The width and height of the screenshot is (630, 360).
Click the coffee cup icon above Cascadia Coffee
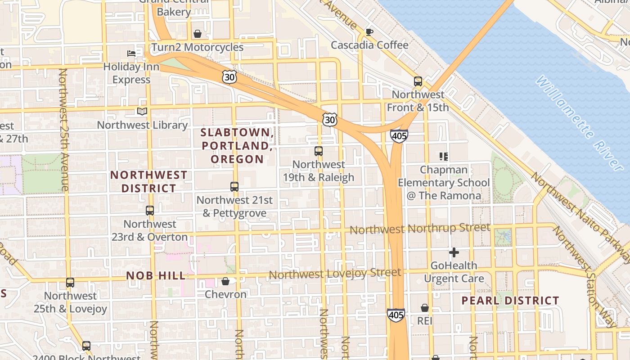[x=369, y=32]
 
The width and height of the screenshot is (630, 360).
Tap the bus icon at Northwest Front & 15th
[x=418, y=81]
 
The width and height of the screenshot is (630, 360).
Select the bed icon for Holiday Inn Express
[x=131, y=54]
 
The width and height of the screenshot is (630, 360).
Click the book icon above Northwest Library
[x=142, y=112]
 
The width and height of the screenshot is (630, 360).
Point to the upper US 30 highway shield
[x=229, y=77]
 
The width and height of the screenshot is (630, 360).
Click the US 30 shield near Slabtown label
[x=329, y=120]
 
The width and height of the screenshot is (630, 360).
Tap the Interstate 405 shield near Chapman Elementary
[x=399, y=136]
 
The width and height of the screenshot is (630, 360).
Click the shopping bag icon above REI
[x=424, y=308]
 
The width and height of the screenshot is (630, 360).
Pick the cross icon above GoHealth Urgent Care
[x=454, y=252]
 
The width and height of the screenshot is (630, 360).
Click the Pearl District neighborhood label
[x=510, y=301]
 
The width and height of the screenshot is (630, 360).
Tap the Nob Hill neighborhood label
[x=156, y=276]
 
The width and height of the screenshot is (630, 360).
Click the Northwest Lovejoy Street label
[x=335, y=274]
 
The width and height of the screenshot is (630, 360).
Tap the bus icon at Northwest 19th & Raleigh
[x=319, y=151]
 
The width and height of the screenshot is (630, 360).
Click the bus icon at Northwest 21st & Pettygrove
[x=234, y=186]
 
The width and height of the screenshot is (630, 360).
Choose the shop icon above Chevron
[x=225, y=281]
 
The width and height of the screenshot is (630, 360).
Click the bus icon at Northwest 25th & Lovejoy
[x=70, y=283]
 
